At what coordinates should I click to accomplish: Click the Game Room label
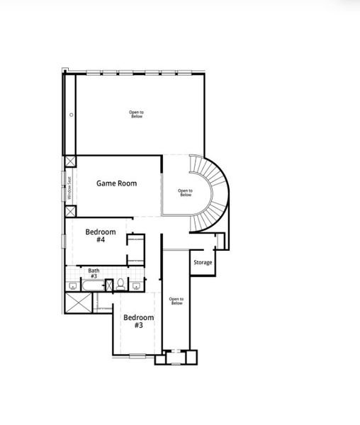point(116,183)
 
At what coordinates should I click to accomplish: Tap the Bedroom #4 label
point(100,236)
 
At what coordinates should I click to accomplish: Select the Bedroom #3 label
point(138,322)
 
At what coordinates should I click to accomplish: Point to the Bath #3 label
point(94,273)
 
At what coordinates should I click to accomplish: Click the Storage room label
point(203,263)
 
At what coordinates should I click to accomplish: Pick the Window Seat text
point(69,187)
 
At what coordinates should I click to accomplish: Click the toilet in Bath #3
point(121,285)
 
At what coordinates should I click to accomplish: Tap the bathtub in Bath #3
point(92,285)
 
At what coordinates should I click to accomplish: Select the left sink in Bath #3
point(73,286)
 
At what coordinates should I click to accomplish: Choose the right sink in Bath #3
point(135,286)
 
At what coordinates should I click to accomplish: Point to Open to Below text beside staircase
point(185,192)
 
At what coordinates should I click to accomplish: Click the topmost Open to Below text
point(136,114)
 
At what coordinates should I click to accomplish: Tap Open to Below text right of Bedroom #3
point(176,301)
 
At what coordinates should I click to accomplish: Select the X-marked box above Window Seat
point(70,161)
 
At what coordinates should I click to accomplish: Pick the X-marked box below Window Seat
point(70,211)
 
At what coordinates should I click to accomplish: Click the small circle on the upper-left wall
point(71,115)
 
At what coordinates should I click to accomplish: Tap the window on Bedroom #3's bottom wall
point(137,356)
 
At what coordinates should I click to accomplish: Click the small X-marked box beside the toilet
point(108,285)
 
